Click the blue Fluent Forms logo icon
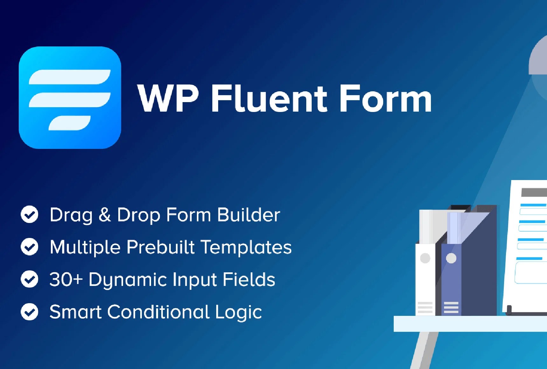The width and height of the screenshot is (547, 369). click(70, 98)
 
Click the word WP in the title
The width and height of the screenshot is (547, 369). click(168, 98)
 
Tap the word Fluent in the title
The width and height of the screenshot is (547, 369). click(269, 98)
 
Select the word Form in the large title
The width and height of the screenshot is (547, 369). click(385, 98)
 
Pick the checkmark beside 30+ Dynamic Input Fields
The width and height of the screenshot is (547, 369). click(30, 279)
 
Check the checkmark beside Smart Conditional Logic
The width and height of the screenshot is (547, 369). click(30, 311)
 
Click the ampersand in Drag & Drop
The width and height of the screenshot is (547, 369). click(105, 215)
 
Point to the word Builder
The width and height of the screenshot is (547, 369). click(249, 215)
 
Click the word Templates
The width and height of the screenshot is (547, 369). click(246, 247)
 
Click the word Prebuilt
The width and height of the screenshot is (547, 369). click(161, 247)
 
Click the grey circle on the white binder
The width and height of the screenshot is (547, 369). click(425, 258)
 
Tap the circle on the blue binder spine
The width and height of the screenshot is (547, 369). click(451, 258)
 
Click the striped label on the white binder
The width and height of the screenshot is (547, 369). click(425, 307)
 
